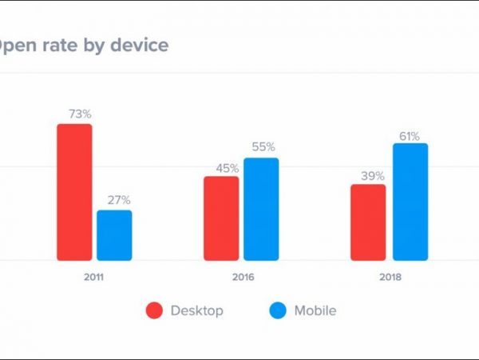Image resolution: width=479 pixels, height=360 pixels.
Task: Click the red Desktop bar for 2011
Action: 74,192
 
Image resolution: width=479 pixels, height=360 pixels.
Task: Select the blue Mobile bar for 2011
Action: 114,235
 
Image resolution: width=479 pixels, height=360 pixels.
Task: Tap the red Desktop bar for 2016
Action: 221,218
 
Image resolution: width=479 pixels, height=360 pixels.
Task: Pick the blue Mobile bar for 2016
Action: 261,209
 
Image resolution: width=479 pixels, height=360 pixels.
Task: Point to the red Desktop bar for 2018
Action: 368,222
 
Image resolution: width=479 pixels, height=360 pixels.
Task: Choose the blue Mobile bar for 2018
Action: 410,202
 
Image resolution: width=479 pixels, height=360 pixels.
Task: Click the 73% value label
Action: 79,114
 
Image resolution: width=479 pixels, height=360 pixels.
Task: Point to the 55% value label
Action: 263,147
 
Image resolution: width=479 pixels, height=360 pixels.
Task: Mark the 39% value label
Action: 372,175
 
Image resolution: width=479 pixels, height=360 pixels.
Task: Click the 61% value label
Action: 410,136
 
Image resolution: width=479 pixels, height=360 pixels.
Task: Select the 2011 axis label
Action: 94,278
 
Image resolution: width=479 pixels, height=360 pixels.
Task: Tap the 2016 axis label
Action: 241,278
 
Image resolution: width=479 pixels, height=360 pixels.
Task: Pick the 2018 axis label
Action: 390,278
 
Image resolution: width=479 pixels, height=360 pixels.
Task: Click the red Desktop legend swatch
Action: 154,310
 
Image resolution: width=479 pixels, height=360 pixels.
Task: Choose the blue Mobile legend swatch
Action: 276,310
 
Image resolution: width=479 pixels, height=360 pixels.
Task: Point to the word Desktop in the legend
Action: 196,310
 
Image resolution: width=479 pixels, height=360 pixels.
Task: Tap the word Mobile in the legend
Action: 315,310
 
